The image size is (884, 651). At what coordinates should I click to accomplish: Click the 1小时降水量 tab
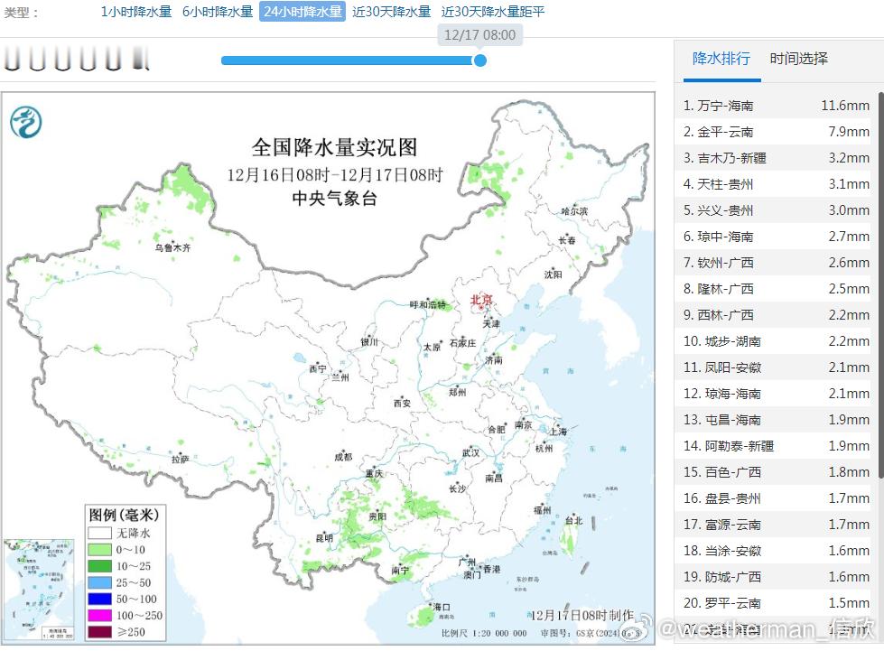click(x=135, y=12)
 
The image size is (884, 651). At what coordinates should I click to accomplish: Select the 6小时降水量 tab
click(x=218, y=12)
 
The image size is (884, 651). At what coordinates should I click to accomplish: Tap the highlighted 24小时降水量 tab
click(x=302, y=12)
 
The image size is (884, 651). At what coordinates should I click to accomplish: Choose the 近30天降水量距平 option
click(x=493, y=12)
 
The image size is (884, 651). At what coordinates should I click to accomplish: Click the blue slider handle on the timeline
click(x=480, y=60)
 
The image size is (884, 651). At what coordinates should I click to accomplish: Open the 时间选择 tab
click(x=798, y=59)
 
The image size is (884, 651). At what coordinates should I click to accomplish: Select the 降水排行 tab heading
click(x=721, y=59)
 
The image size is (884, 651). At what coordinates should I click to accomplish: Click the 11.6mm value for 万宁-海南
click(x=844, y=106)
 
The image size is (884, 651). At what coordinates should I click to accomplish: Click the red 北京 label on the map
click(x=482, y=300)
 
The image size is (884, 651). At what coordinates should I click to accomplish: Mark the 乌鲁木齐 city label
click(x=172, y=247)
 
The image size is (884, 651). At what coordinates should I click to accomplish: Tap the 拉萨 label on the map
click(x=181, y=459)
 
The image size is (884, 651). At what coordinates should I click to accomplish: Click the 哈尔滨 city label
click(x=573, y=210)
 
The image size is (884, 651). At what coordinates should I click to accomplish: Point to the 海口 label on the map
click(x=441, y=607)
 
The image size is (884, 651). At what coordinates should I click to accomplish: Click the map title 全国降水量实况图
click(x=334, y=147)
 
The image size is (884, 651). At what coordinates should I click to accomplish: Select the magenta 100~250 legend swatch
click(x=99, y=615)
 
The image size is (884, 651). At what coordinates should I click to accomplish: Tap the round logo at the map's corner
click(x=26, y=121)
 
